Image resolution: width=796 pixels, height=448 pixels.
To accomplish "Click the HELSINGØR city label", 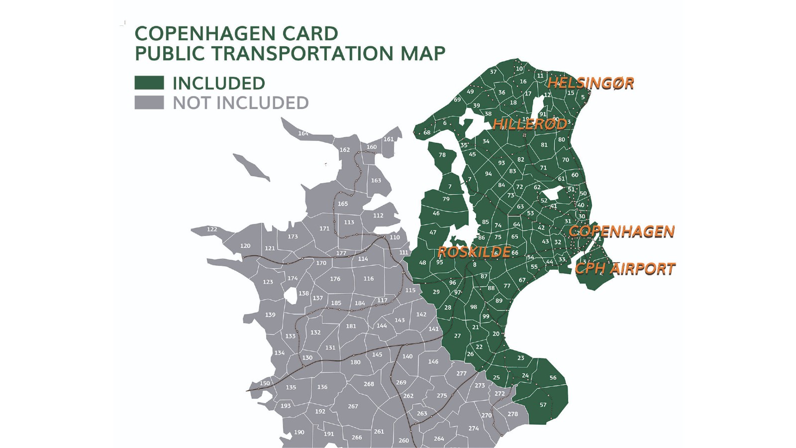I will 591,83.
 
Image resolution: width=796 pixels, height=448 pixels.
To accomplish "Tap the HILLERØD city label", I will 529,124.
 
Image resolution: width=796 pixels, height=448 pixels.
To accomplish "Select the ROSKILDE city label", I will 474,252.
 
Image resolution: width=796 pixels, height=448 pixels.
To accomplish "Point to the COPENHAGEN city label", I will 621,231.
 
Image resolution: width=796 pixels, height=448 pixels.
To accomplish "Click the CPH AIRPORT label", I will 625,269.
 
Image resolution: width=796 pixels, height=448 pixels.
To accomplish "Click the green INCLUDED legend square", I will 149,83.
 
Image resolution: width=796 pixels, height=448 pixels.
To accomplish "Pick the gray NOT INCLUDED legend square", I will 149,103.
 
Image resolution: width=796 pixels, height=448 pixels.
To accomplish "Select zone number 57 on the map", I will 543,405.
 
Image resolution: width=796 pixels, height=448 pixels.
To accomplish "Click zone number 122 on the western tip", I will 212,229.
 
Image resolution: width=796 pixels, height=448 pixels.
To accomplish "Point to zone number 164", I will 303,133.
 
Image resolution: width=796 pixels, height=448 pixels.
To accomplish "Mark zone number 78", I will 442,155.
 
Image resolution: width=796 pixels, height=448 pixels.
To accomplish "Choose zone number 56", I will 553,378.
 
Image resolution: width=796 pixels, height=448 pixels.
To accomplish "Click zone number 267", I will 353,406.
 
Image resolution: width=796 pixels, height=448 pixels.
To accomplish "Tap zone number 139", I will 270,315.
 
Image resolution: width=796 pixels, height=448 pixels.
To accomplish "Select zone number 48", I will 422,263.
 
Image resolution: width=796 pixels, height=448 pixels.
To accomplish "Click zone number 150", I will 265,383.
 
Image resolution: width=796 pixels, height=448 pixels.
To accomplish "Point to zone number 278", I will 512,414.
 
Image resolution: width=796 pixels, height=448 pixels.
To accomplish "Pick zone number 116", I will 368,279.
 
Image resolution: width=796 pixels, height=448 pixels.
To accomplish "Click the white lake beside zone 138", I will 290,295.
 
